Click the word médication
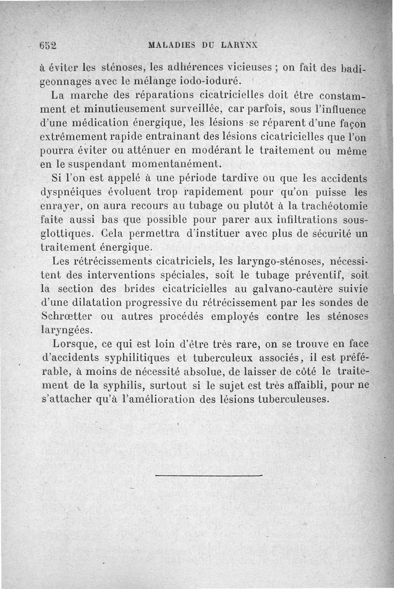(x=100, y=121)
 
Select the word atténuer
(x=160, y=149)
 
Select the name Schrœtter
(x=66, y=316)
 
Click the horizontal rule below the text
(x=209, y=475)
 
